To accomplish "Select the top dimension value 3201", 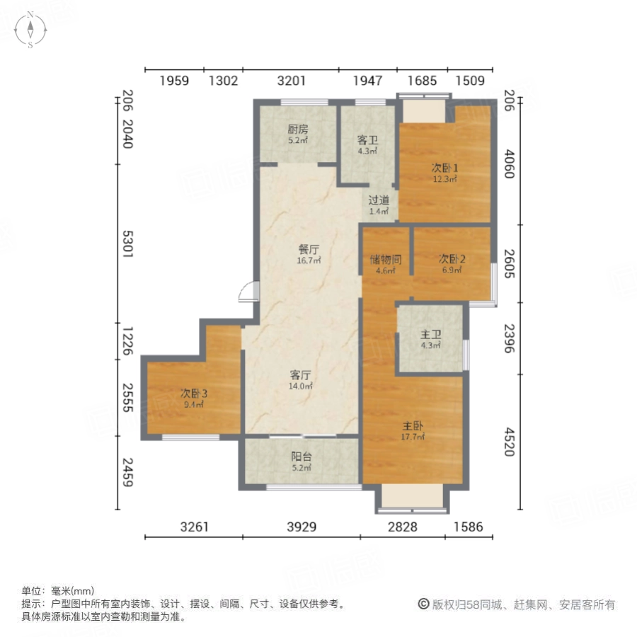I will [x=291, y=81].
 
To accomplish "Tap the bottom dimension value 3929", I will [x=302, y=527].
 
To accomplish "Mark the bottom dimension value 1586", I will [x=468, y=527].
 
